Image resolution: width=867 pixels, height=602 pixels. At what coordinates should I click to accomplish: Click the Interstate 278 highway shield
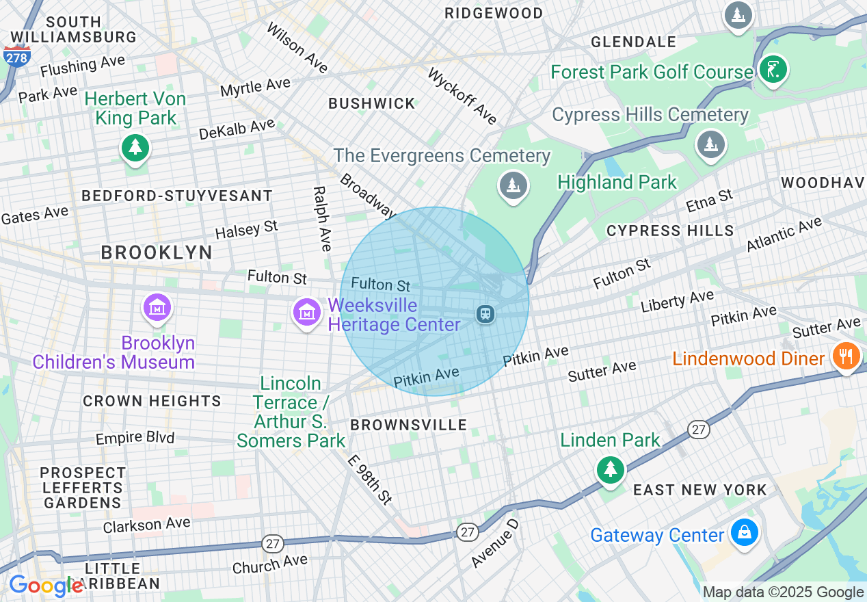[x=16, y=57]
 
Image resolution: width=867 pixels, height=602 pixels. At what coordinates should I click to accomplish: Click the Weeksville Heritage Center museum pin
[x=307, y=313]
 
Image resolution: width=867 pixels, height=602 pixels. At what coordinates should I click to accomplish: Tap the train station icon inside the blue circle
[x=485, y=314]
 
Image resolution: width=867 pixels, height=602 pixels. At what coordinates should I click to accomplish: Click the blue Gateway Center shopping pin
[x=743, y=532]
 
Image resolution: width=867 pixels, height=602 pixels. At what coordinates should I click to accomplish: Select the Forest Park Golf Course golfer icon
[x=773, y=70]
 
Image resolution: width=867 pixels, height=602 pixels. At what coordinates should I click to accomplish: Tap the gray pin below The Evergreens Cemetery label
[x=512, y=185]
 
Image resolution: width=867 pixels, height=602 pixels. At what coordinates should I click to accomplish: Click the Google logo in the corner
[x=45, y=586]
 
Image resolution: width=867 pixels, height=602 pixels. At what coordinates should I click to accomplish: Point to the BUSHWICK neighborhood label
[x=372, y=104]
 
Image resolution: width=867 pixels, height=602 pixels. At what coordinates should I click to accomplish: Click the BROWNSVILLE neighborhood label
[x=408, y=425]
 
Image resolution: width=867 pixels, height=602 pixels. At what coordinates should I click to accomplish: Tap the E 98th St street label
[x=370, y=480]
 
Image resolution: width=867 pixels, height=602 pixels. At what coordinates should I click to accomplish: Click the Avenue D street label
[x=495, y=543]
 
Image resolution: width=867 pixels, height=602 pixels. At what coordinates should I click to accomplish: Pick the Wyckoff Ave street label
[x=462, y=96]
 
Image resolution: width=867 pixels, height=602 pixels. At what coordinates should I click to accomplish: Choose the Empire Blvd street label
[x=135, y=438]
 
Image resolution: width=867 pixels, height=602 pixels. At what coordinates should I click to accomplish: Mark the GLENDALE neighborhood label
[x=633, y=42]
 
